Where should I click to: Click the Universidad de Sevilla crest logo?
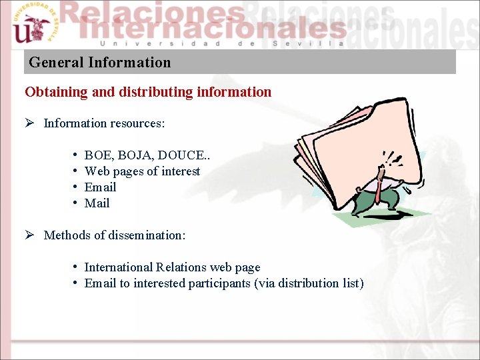(31, 25)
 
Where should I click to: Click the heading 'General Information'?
(100, 63)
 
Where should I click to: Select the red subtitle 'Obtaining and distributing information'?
(148, 92)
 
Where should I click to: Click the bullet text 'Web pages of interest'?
(142, 171)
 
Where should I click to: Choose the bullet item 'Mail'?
(97, 203)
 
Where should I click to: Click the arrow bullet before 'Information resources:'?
(31, 123)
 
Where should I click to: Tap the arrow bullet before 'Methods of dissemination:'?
(31, 235)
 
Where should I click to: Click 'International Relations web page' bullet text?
(172, 267)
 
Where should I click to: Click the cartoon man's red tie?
(379, 193)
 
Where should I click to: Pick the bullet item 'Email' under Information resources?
(100, 187)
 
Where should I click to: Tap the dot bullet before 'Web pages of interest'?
(76, 171)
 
